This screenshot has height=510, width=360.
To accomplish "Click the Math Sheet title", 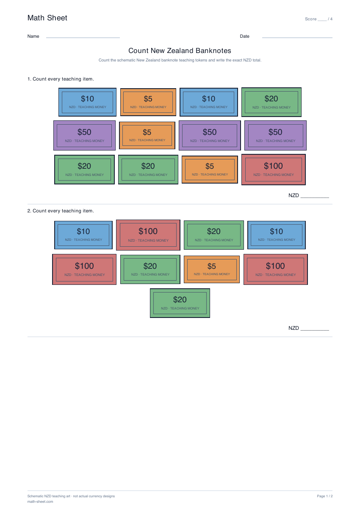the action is click(x=47, y=18).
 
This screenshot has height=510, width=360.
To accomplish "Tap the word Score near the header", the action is click(x=310, y=19).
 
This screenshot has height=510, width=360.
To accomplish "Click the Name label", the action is click(x=33, y=36).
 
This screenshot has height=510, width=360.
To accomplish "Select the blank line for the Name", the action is click(x=83, y=38).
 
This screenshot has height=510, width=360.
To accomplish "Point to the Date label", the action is click(x=244, y=36).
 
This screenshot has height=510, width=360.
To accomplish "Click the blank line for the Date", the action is click(x=297, y=38).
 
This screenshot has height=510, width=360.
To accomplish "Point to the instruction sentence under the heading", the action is click(x=180, y=60).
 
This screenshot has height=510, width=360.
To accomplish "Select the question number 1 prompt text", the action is click(x=61, y=79).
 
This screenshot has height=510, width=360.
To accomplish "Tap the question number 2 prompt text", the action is click(x=61, y=211).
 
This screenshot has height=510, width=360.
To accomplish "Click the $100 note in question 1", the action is click(x=273, y=170).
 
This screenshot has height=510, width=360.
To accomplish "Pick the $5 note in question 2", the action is click(x=212, y=269).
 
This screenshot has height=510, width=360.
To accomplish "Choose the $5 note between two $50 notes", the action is click(x=147, y=136).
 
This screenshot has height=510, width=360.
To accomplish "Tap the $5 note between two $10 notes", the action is click(x=148, y=102).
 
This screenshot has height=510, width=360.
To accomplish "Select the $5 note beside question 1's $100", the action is click(x=210, y=170).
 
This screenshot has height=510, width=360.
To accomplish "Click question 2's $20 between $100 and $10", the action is click(x=214, y=235).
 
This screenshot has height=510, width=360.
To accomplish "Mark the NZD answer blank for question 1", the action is click(x=315, y=198).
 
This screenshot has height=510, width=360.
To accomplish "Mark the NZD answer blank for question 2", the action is click(x=315, y=330).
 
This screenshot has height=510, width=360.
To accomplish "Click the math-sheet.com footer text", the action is click(x=40, y=502).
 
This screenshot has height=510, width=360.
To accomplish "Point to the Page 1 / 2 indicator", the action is click(x=325, y=496).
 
